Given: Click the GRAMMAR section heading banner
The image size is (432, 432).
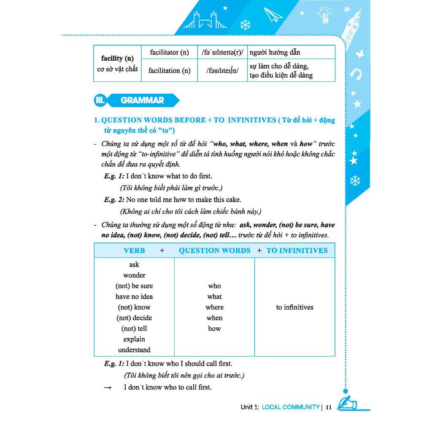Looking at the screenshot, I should pyautogui.click(x=142, y=100).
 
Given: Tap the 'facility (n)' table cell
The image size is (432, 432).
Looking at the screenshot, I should pyautogui.click(x=117, y=63).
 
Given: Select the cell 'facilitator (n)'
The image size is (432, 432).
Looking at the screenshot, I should pyautogui.click(x=169, y=52).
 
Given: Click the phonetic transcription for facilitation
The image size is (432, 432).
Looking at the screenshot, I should pyautogui.click(x=222, y=70).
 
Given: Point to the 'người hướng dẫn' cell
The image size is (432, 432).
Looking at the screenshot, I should pyautogui.click(x=275, y=52).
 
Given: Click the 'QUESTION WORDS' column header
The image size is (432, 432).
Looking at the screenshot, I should pyautogui.click(x=214, y=250).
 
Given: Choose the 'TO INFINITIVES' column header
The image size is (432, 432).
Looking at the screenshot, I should pyautogui.click(x=297, y=250).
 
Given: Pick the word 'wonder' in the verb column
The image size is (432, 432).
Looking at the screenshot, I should pyautogui.click(x=134, y=275).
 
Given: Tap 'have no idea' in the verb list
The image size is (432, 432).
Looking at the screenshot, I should pyautogui.click(x=134, y=297).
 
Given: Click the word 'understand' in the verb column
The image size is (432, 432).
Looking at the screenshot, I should pyautogui.click(x=134, y=350).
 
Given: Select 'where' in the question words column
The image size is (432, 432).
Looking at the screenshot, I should pyautogui.click(x=214, y=307).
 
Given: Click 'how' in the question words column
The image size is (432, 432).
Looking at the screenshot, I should pyautogui.click(x=214, y=328).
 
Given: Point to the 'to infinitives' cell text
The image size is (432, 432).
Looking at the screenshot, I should pyautogui.click(x=294, y=307).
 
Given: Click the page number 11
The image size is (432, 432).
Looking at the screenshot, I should pyautogui.click(x=329, y=407).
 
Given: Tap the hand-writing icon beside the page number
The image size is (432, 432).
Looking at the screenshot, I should pyautogui.click(x=347, y=403).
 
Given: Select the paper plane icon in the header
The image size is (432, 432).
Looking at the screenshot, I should pyautogui.click(x=273, y=16).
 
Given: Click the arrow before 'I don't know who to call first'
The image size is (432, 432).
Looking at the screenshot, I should pyautogui.click(x=108, y=387).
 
